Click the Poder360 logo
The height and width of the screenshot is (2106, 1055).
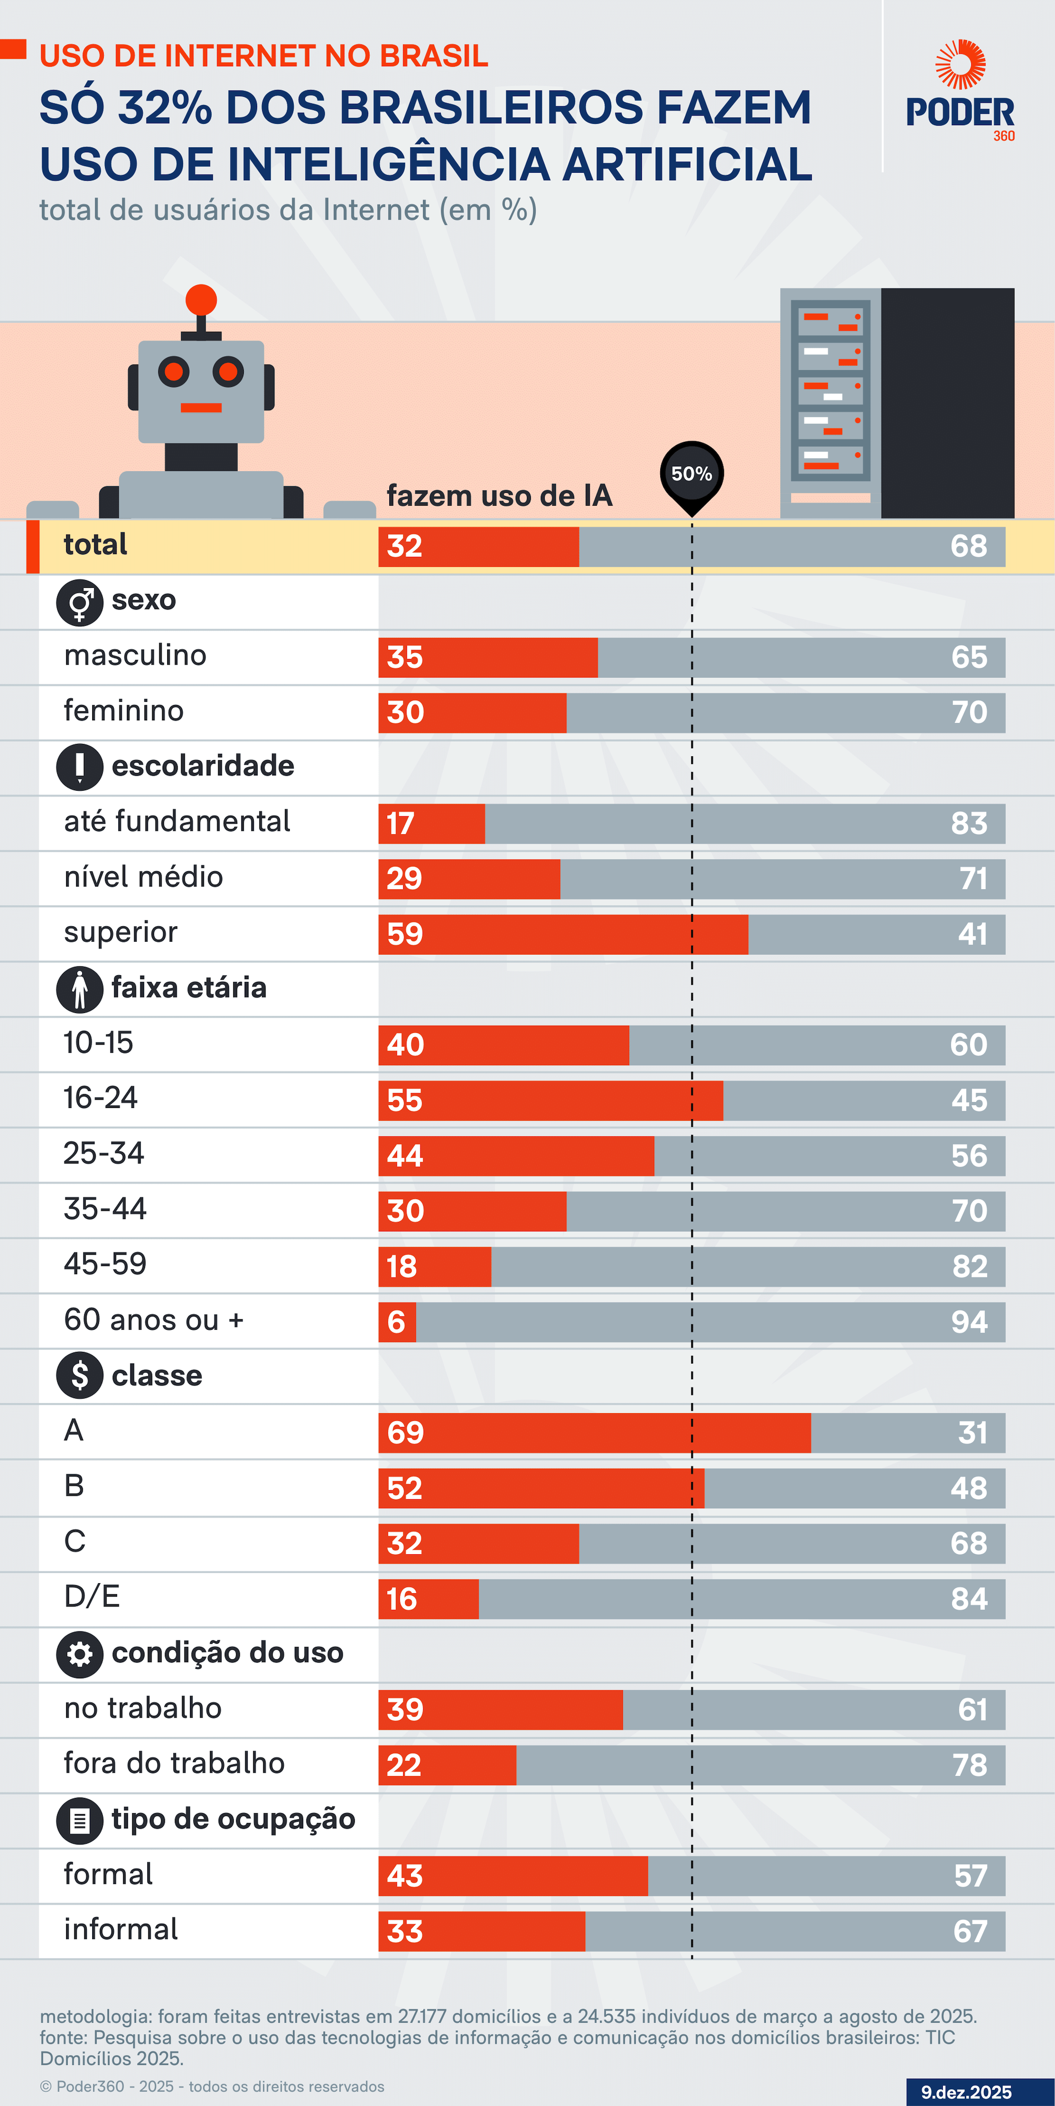tap(960, 92)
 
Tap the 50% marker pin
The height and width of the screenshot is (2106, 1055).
tap(691, 474)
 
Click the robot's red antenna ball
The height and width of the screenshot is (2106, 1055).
tap(201, 300)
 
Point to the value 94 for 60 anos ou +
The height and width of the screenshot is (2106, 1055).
tap(969, 1322)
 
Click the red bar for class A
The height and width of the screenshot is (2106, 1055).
tap(594, 1433)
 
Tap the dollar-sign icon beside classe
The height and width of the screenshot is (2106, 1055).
tap(79, 1375)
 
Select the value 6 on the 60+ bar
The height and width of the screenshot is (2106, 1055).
tap(396, 1322)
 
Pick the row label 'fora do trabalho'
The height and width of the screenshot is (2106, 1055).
tap(174, 1764)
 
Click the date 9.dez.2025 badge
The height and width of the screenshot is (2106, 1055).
tap(967, 2092)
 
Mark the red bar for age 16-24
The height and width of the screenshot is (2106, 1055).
tap(550, 1100)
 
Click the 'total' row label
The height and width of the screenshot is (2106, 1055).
tap(96, 545)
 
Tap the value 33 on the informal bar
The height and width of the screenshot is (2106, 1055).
tap(405, 1931)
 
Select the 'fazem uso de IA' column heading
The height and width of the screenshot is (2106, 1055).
tap(499, 496)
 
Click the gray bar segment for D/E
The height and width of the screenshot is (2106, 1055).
tap(741, 1599)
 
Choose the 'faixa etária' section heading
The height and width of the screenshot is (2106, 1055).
tap(189, 987)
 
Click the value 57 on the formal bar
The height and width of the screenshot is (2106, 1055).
tap(971, 1875)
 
